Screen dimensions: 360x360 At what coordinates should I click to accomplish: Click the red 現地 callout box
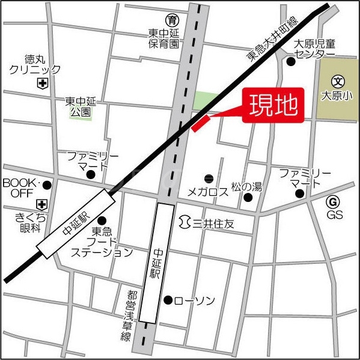[x=273, y=106]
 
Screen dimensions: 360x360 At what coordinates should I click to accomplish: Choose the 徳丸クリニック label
[x=34, y=65]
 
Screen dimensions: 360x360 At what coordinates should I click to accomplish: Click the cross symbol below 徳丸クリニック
[x=41, y=84]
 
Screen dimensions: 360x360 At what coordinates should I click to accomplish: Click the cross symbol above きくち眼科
[x=41, y=204]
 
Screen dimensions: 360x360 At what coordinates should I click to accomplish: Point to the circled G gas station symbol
[x=334, y=201]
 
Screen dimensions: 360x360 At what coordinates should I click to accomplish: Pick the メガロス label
[x=207, y=192]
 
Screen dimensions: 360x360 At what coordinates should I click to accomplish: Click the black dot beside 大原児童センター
[x=291, y=61]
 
